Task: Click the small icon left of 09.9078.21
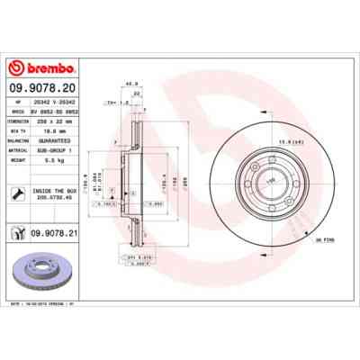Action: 19,233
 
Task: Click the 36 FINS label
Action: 322,239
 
